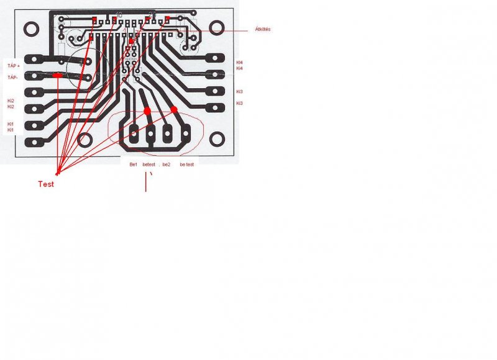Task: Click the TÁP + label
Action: [14, 65]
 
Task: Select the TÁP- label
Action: [13, 78]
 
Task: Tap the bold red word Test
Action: [47, 184]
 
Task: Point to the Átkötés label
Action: [263, 29]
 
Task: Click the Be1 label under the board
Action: [133, 164]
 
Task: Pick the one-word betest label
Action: [150, 164]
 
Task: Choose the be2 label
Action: [166, 164]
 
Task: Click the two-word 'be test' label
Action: [187, 164]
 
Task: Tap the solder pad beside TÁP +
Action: [34, 60]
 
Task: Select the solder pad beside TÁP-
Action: [34, 76]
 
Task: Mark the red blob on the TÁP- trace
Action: [57, 75]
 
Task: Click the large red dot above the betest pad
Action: [148, 110]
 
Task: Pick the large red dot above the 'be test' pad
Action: [174, 110]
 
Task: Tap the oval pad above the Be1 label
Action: [134, 133]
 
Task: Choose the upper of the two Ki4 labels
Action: [240, 62]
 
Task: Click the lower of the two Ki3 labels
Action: [240, 102]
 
